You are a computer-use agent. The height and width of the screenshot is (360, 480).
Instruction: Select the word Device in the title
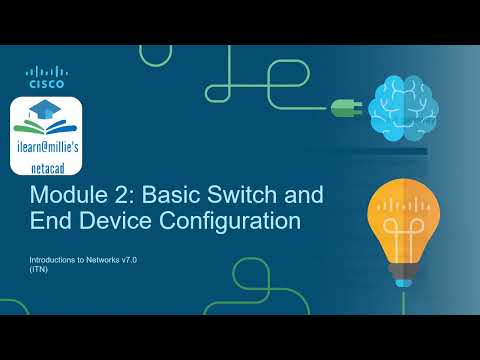(111, 221)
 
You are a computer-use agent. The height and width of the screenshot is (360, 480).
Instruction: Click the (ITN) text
(40, 268)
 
